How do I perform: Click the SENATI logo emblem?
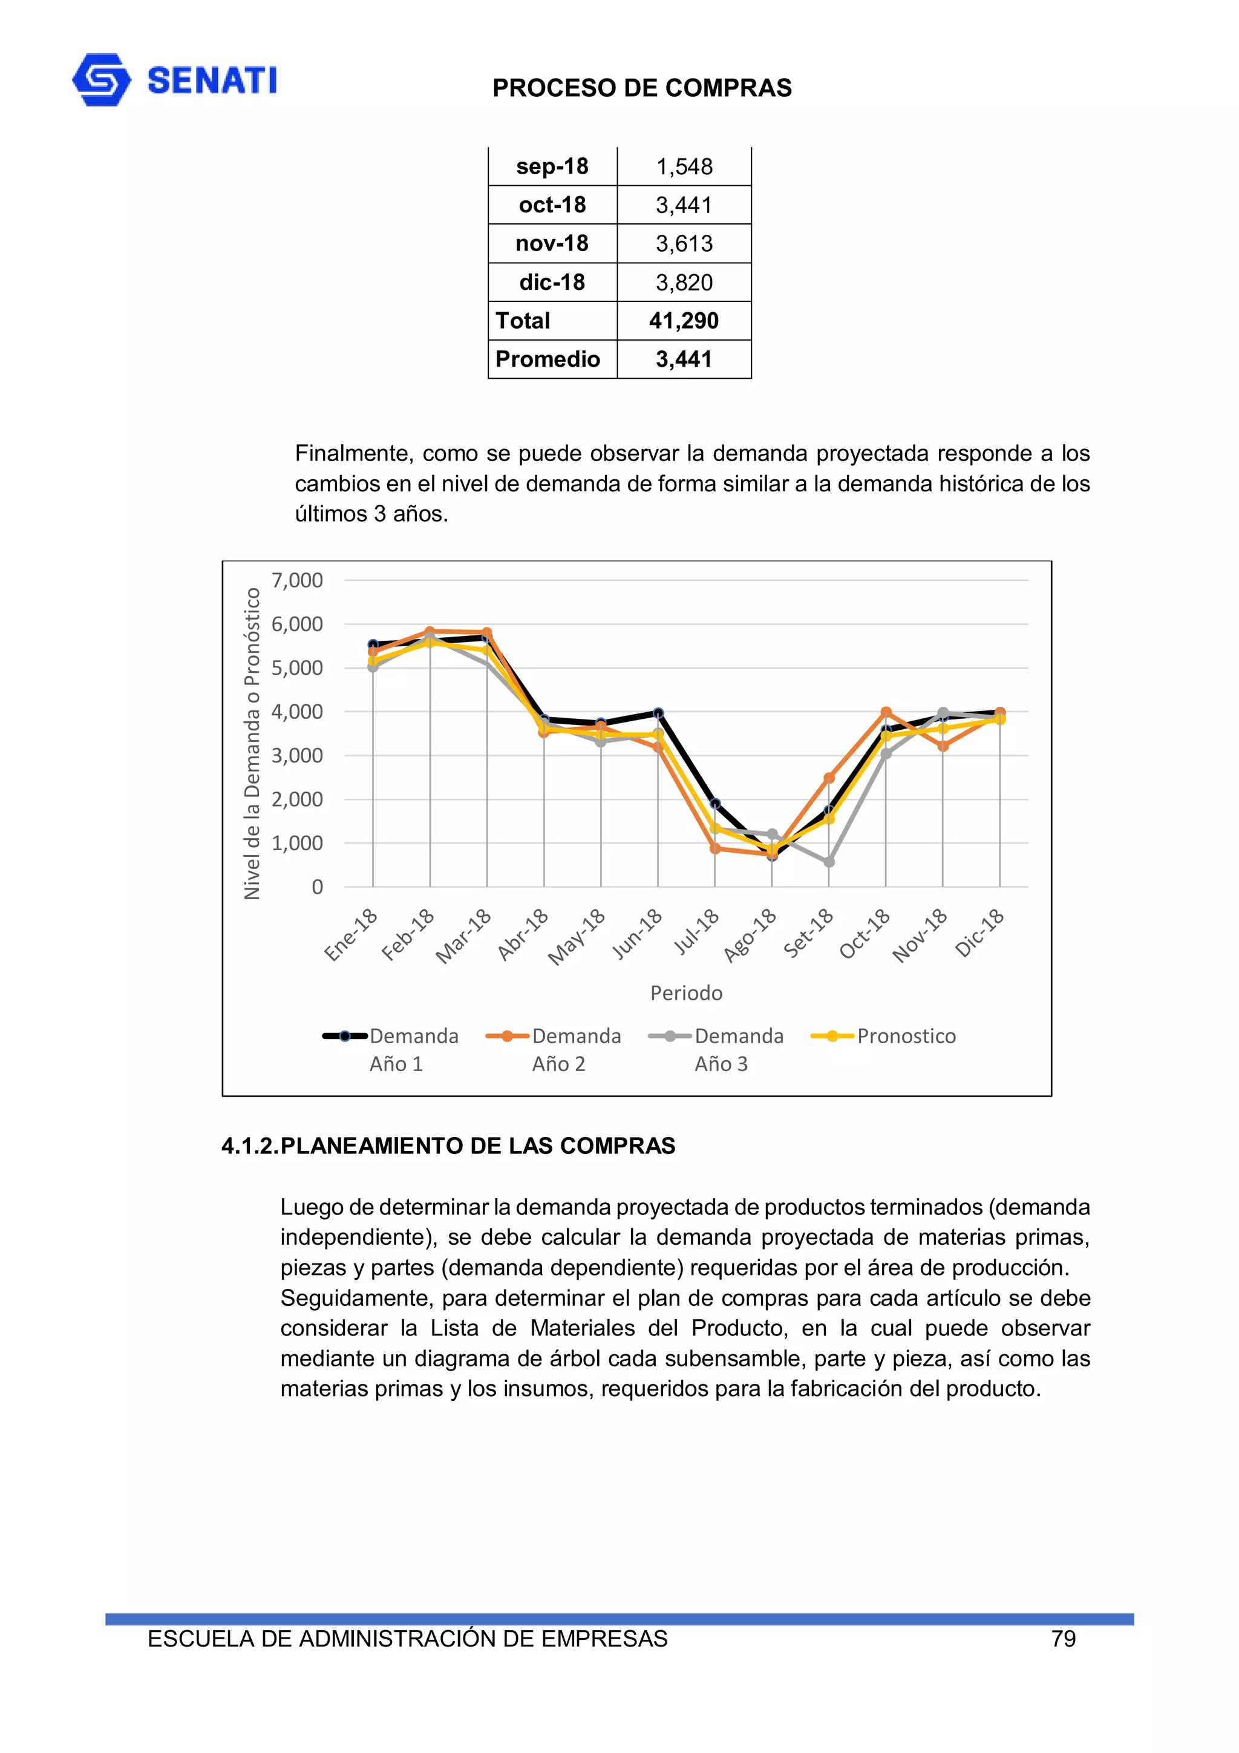pyautogui.click(x=101, y=79)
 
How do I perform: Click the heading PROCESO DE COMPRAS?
pyautogui.click(x=641, y=88)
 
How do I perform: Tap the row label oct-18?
pyautogui.click(x=552, y=205)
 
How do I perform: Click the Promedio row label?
pyautogui.click(x=548, y=359)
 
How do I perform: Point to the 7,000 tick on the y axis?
pyautogui.click(x=297, y=580)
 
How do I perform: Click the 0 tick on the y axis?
pyautogui.click(x=317, y=887)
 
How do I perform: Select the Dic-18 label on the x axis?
pyautogui.click(x=980, y=933)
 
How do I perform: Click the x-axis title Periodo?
pyautogui.click(x=685, y=992)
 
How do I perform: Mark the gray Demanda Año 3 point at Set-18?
pyautogui.click(x=829, y=862)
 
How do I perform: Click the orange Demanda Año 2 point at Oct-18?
pyautogui.click(x=886, y=712)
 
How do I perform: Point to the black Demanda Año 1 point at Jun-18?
pyautogui.click(x=658, y=713)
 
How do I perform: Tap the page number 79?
pyautogui.click(x=1063, y=1639)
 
